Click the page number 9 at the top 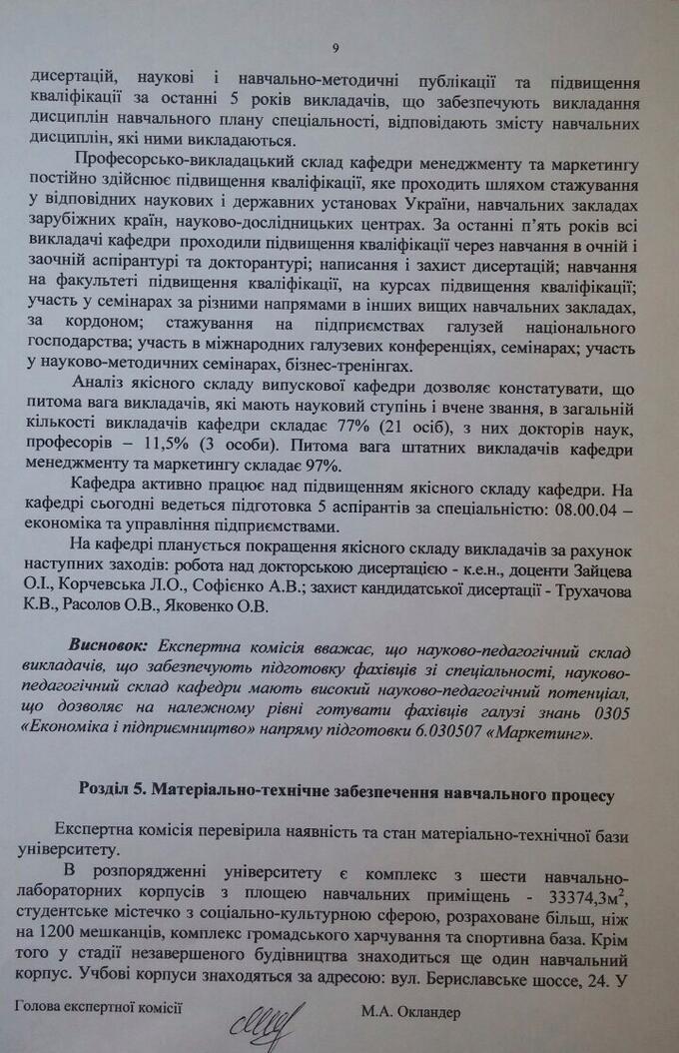336,47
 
